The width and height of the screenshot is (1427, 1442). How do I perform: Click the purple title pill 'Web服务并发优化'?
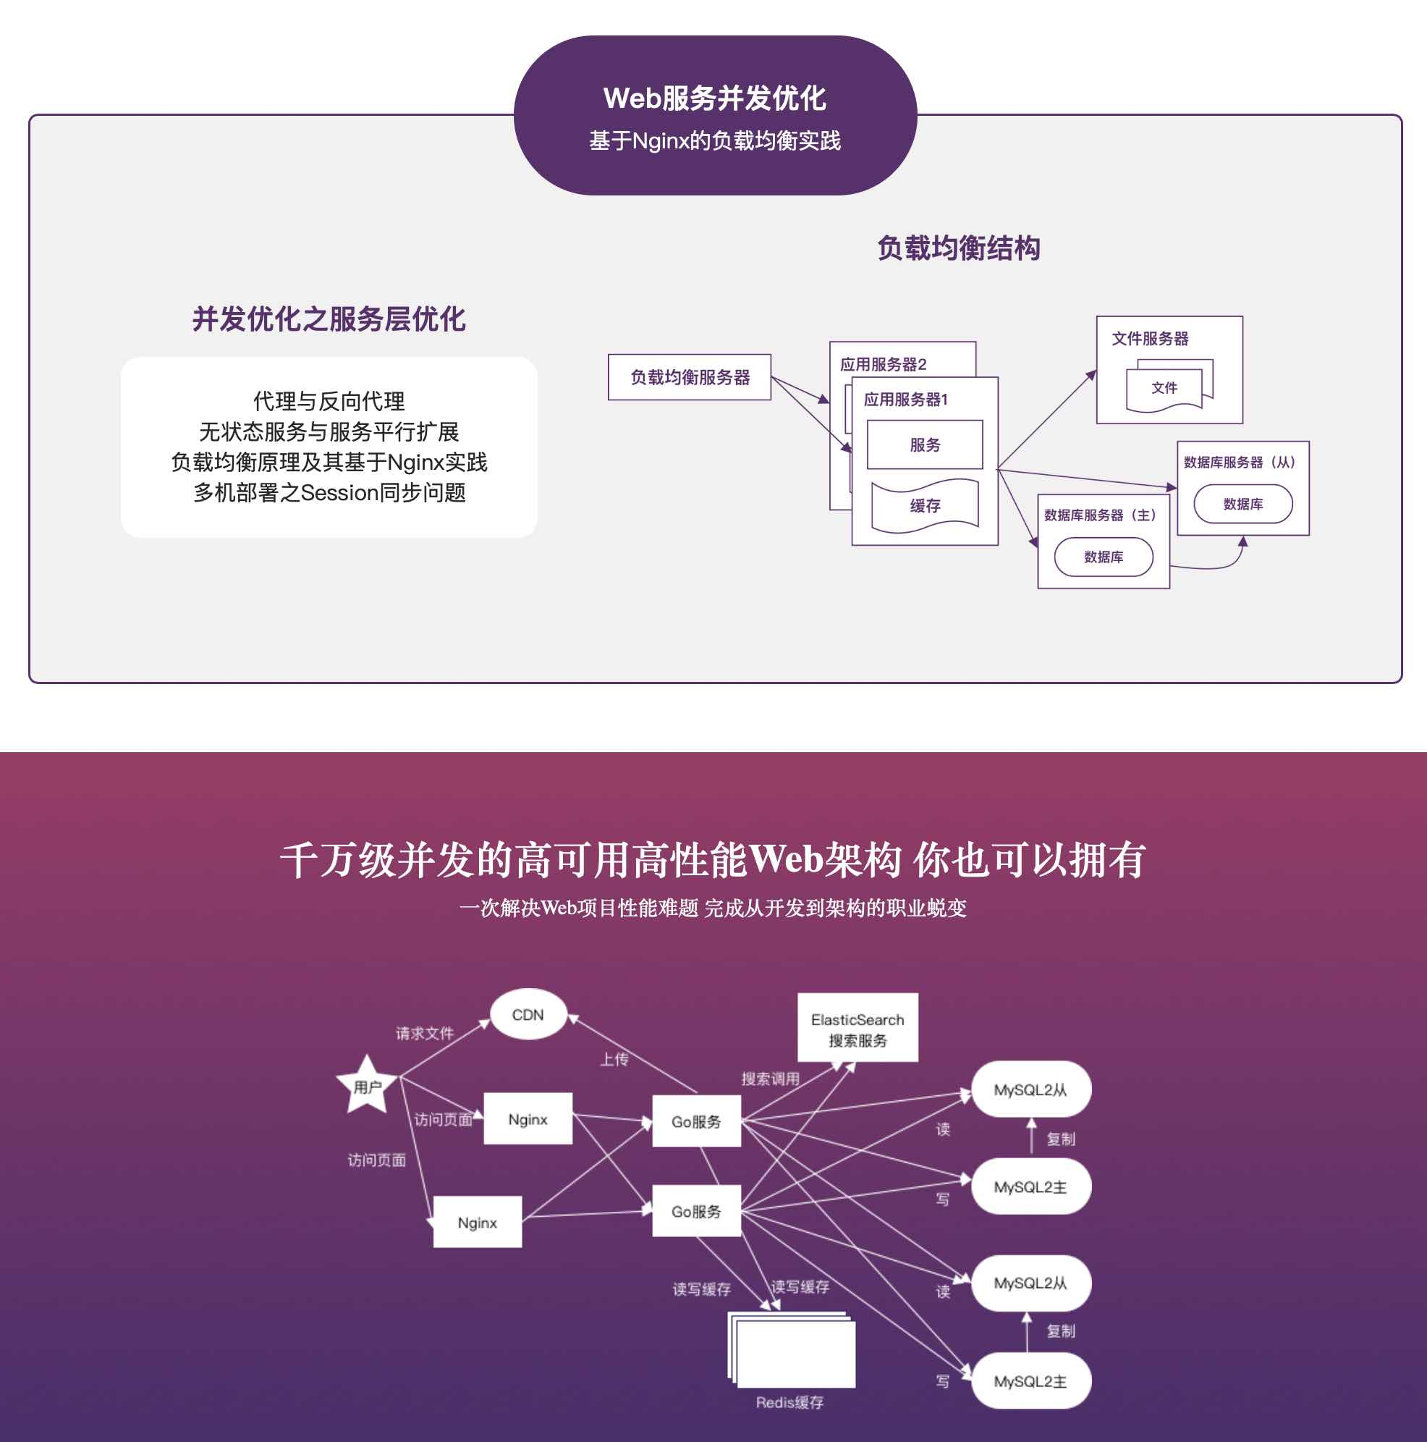pos(714,98)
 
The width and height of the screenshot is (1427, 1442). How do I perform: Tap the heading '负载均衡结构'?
pos(958,248)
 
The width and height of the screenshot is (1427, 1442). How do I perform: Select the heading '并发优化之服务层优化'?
pos(329,319)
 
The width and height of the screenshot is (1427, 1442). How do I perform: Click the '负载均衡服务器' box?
pos(689,378)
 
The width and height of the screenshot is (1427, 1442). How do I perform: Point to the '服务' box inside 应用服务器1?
pos(924,445)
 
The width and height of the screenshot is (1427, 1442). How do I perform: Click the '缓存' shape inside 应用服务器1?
pos(924,506)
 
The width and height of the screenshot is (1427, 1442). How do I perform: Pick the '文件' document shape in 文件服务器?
pos(1164,388)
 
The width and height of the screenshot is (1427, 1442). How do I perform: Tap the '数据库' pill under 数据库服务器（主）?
pos(1104,557)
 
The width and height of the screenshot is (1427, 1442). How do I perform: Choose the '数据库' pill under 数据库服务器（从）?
pos(1242,505)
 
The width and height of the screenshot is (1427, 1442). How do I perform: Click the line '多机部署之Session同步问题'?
pos(329,492)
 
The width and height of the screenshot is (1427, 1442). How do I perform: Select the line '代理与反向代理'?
pos(329,402)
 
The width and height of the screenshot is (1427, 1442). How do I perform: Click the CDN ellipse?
pos(528,1015)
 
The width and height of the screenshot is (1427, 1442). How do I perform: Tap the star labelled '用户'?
pos(367,1087)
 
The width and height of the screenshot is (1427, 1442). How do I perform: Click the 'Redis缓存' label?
pos(789,1402)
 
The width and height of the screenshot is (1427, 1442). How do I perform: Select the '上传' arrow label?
pos(614,1059)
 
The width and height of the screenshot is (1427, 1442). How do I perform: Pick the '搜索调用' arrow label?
pos(770,1079)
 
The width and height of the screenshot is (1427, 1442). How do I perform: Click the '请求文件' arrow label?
pos(425,1033)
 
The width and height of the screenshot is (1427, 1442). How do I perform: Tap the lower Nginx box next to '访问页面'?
pos(478,1223)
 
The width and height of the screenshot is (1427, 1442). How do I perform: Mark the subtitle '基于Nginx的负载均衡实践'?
pos(714,140)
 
